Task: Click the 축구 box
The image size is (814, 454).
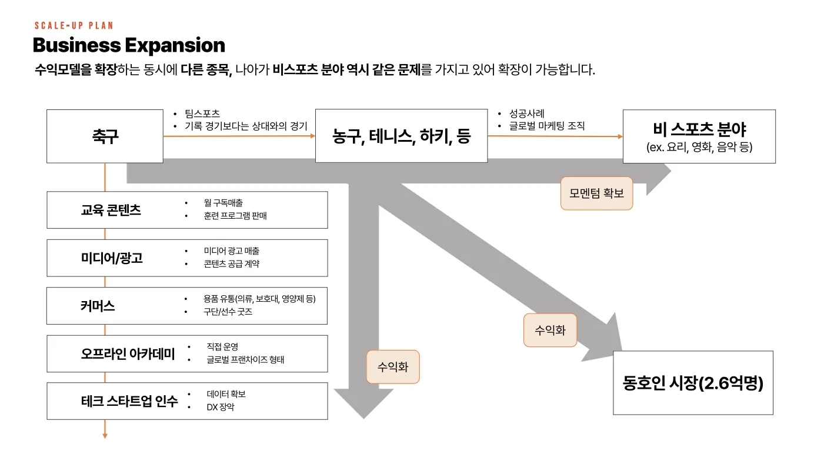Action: (x=105, y=136)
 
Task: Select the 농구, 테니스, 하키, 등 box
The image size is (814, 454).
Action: (x=401, y=136)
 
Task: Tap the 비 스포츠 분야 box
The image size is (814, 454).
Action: (x=699, y=136)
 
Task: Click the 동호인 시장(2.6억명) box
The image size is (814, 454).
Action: (x=693, y=383)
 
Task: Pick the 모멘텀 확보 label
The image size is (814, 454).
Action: (x=596, y=193)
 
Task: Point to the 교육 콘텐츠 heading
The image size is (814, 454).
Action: (x=111, y=210)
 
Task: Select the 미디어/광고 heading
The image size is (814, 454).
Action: (x=112, y=258)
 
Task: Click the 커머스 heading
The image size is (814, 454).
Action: (x=98, y=306)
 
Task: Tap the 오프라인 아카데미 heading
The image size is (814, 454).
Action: (x=128, y=354)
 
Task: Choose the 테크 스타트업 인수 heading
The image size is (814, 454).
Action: (x=129, y=402)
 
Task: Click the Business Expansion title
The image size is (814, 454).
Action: (x=129, y=45)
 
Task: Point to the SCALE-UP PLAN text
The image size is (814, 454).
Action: (x=74, y=26)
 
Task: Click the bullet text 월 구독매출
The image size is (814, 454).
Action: (x=223, y=203)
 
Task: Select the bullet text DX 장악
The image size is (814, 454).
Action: (x=221, y=407)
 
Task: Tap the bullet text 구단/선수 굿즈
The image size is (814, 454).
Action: (x=228, y=312)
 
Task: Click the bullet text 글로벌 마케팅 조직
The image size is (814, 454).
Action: (x=546, y=126)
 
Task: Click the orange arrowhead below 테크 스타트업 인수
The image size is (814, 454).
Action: (x=105, y=435)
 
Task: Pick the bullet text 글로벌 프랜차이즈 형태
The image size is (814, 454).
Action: (x=245, y=359)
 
